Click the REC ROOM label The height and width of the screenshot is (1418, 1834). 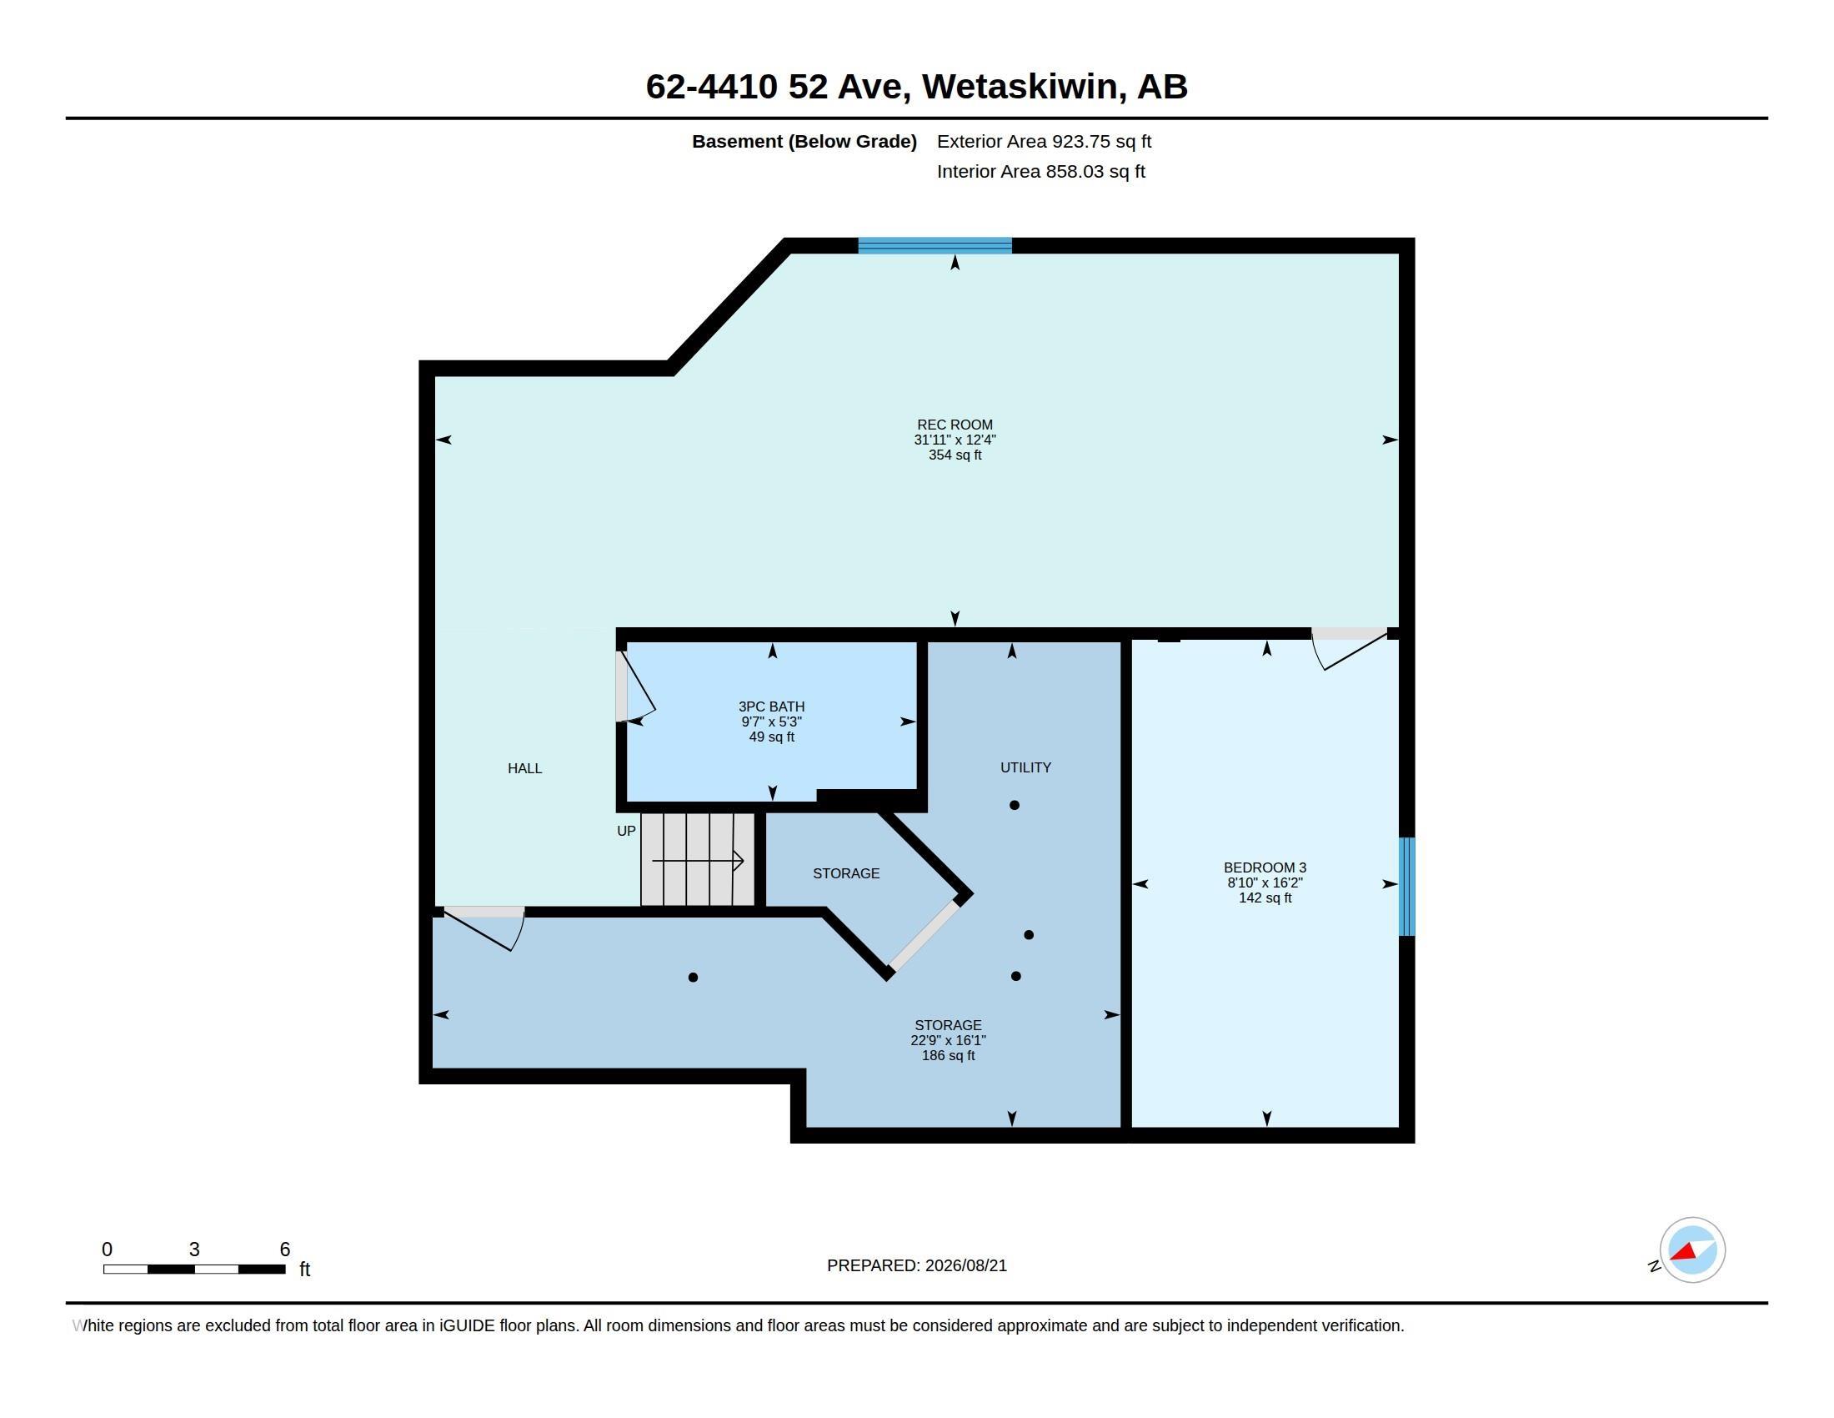point(955,425)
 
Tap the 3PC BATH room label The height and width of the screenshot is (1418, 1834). point(771,706)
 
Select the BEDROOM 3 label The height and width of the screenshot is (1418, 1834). point(1265,867)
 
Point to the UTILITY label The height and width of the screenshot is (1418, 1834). point(1025,767)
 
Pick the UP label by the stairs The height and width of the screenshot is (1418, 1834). point(626,831)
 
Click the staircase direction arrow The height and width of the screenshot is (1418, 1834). point(698,860)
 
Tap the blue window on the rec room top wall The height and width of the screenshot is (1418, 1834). point(935,245)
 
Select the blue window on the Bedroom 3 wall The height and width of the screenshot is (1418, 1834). point(1406,886)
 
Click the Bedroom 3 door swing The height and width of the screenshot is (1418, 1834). point(1350,648)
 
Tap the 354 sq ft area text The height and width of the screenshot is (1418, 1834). point(955,455)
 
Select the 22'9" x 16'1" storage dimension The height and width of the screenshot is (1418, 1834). point(948,1040)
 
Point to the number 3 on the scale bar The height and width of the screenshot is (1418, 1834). point(194,1250)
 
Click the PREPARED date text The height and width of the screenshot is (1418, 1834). point(917,1265)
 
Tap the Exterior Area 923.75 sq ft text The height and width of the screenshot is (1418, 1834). point(1044,141)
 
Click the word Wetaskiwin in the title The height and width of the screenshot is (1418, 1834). point(1024,87)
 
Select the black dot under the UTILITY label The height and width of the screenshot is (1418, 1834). point(1015,805)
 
